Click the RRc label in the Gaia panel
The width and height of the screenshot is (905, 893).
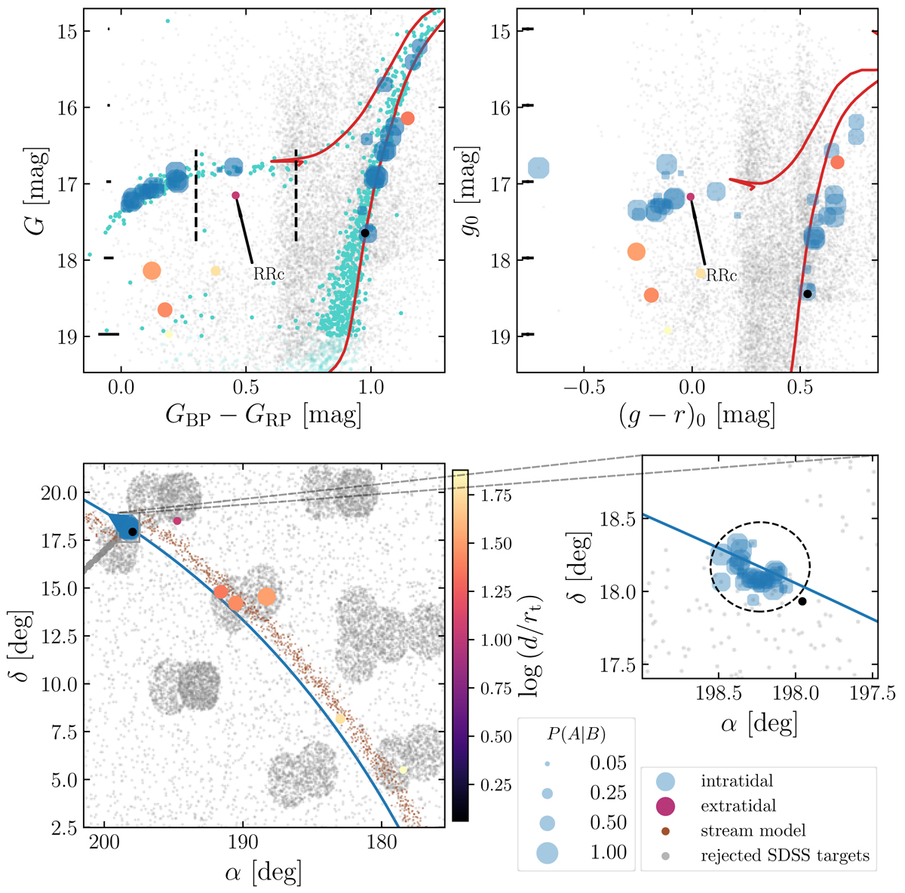pyautogui.click(x=268, y=275)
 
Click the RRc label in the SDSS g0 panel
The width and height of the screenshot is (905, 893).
pyautogui.click(x=721, y=276)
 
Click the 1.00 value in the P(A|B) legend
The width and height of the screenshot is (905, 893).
pyautogui.click(x=609, y=852)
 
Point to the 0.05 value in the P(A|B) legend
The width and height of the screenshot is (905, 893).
pyautogui.click(x=609, y=763)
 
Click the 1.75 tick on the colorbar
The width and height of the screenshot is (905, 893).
pyautogui.click(x=495, y=496)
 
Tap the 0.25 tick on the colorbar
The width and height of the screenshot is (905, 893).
pyautogui.click(x=495, y=785)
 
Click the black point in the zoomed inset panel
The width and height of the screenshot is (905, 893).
pyautogui.click(x=802, y=601)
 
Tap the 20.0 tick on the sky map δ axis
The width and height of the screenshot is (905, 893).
pyautogui.click(x=59, y=493)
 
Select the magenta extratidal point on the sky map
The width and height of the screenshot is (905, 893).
pyautogui.click(x=177, y=521)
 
